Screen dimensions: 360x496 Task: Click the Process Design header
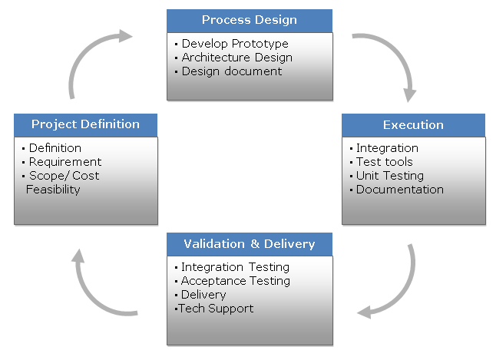coord(250,20)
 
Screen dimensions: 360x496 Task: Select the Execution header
coord(413,125)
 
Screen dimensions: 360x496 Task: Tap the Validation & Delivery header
coord(250,244)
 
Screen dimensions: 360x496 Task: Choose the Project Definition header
coord(85,124)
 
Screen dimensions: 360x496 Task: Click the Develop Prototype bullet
coord(235,44)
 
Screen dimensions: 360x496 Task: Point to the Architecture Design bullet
coord(236,58)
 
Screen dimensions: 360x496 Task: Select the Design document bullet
coord(232,71)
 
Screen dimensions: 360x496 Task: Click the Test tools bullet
coord(384,162)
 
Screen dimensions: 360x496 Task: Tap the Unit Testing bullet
coord(390,176)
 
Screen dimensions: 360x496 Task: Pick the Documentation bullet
coord(399,190)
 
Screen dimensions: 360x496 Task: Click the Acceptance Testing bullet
coord(235,281)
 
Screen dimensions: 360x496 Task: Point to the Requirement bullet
coord(64,162)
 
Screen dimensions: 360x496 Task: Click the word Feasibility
coord(54,189)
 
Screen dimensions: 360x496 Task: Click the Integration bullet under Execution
coord(387,148)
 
